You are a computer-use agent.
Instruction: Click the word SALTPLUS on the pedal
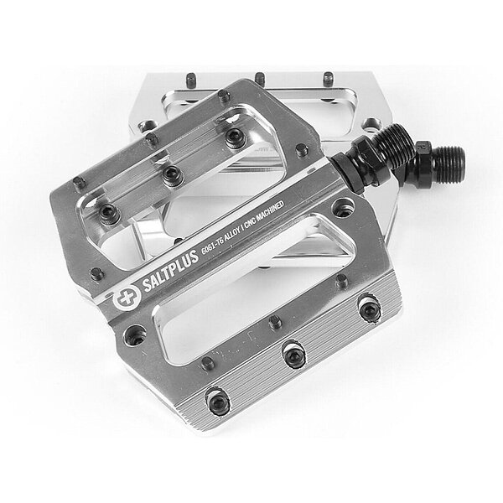coord(170,271)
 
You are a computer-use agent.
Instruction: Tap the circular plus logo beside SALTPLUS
coord(127,298)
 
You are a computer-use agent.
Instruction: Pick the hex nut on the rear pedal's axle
coord(423,161)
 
